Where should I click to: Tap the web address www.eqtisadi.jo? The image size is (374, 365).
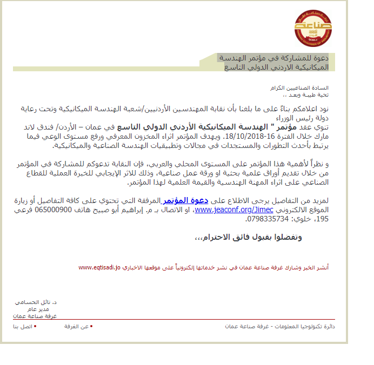coord(98,267)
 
